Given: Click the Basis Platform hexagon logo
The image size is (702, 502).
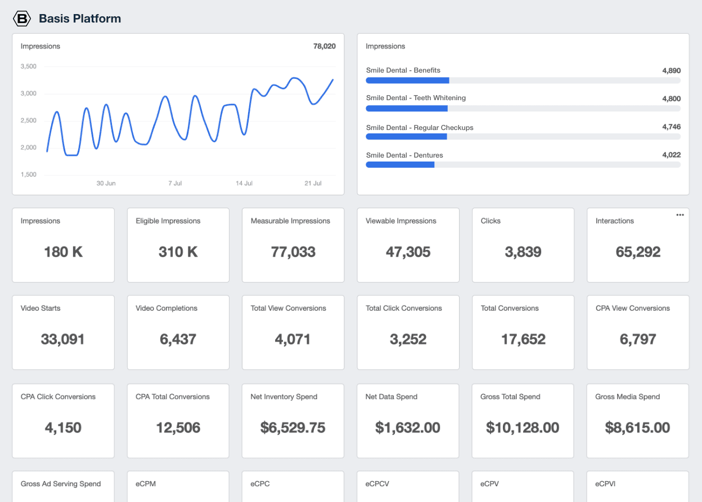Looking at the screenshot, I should [x=22, y=19].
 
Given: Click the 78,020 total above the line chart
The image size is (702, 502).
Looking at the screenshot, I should [x=324, y=46].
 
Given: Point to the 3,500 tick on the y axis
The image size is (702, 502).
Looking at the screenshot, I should [x=28, y=66].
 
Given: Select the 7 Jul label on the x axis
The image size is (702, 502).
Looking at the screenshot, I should [x=175, y=183].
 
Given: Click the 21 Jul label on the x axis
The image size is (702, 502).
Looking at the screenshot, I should [x=312, y=183].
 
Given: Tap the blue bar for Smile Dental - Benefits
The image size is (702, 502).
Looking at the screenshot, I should [x=407, y=80].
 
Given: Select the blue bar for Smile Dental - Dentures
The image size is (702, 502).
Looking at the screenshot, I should [x=400, y=164].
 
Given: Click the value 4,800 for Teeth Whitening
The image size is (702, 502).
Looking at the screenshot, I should [x=671, y=98].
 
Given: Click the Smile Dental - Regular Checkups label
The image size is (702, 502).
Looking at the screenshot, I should [x=419, y=128].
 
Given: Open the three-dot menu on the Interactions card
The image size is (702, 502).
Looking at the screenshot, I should [x=679, y=214].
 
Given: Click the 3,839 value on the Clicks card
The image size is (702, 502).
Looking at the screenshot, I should [x=523, y=252].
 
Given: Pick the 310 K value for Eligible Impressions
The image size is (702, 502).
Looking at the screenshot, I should [x=178, y=252].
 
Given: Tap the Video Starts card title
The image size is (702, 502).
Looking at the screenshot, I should [x=40, y=308].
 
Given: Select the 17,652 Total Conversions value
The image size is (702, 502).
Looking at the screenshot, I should [x=523, y=339].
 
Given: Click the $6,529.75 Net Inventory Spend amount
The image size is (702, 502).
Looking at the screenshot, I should [x=292, y=428].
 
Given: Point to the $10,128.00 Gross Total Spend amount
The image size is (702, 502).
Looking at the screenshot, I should [x=523, y=428].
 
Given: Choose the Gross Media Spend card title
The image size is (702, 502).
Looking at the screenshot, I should [x=627, y=397].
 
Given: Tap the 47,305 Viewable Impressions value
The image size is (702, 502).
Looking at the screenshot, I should [x=408, y=252].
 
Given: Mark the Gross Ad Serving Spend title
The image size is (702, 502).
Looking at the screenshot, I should [x=61, y=484].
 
